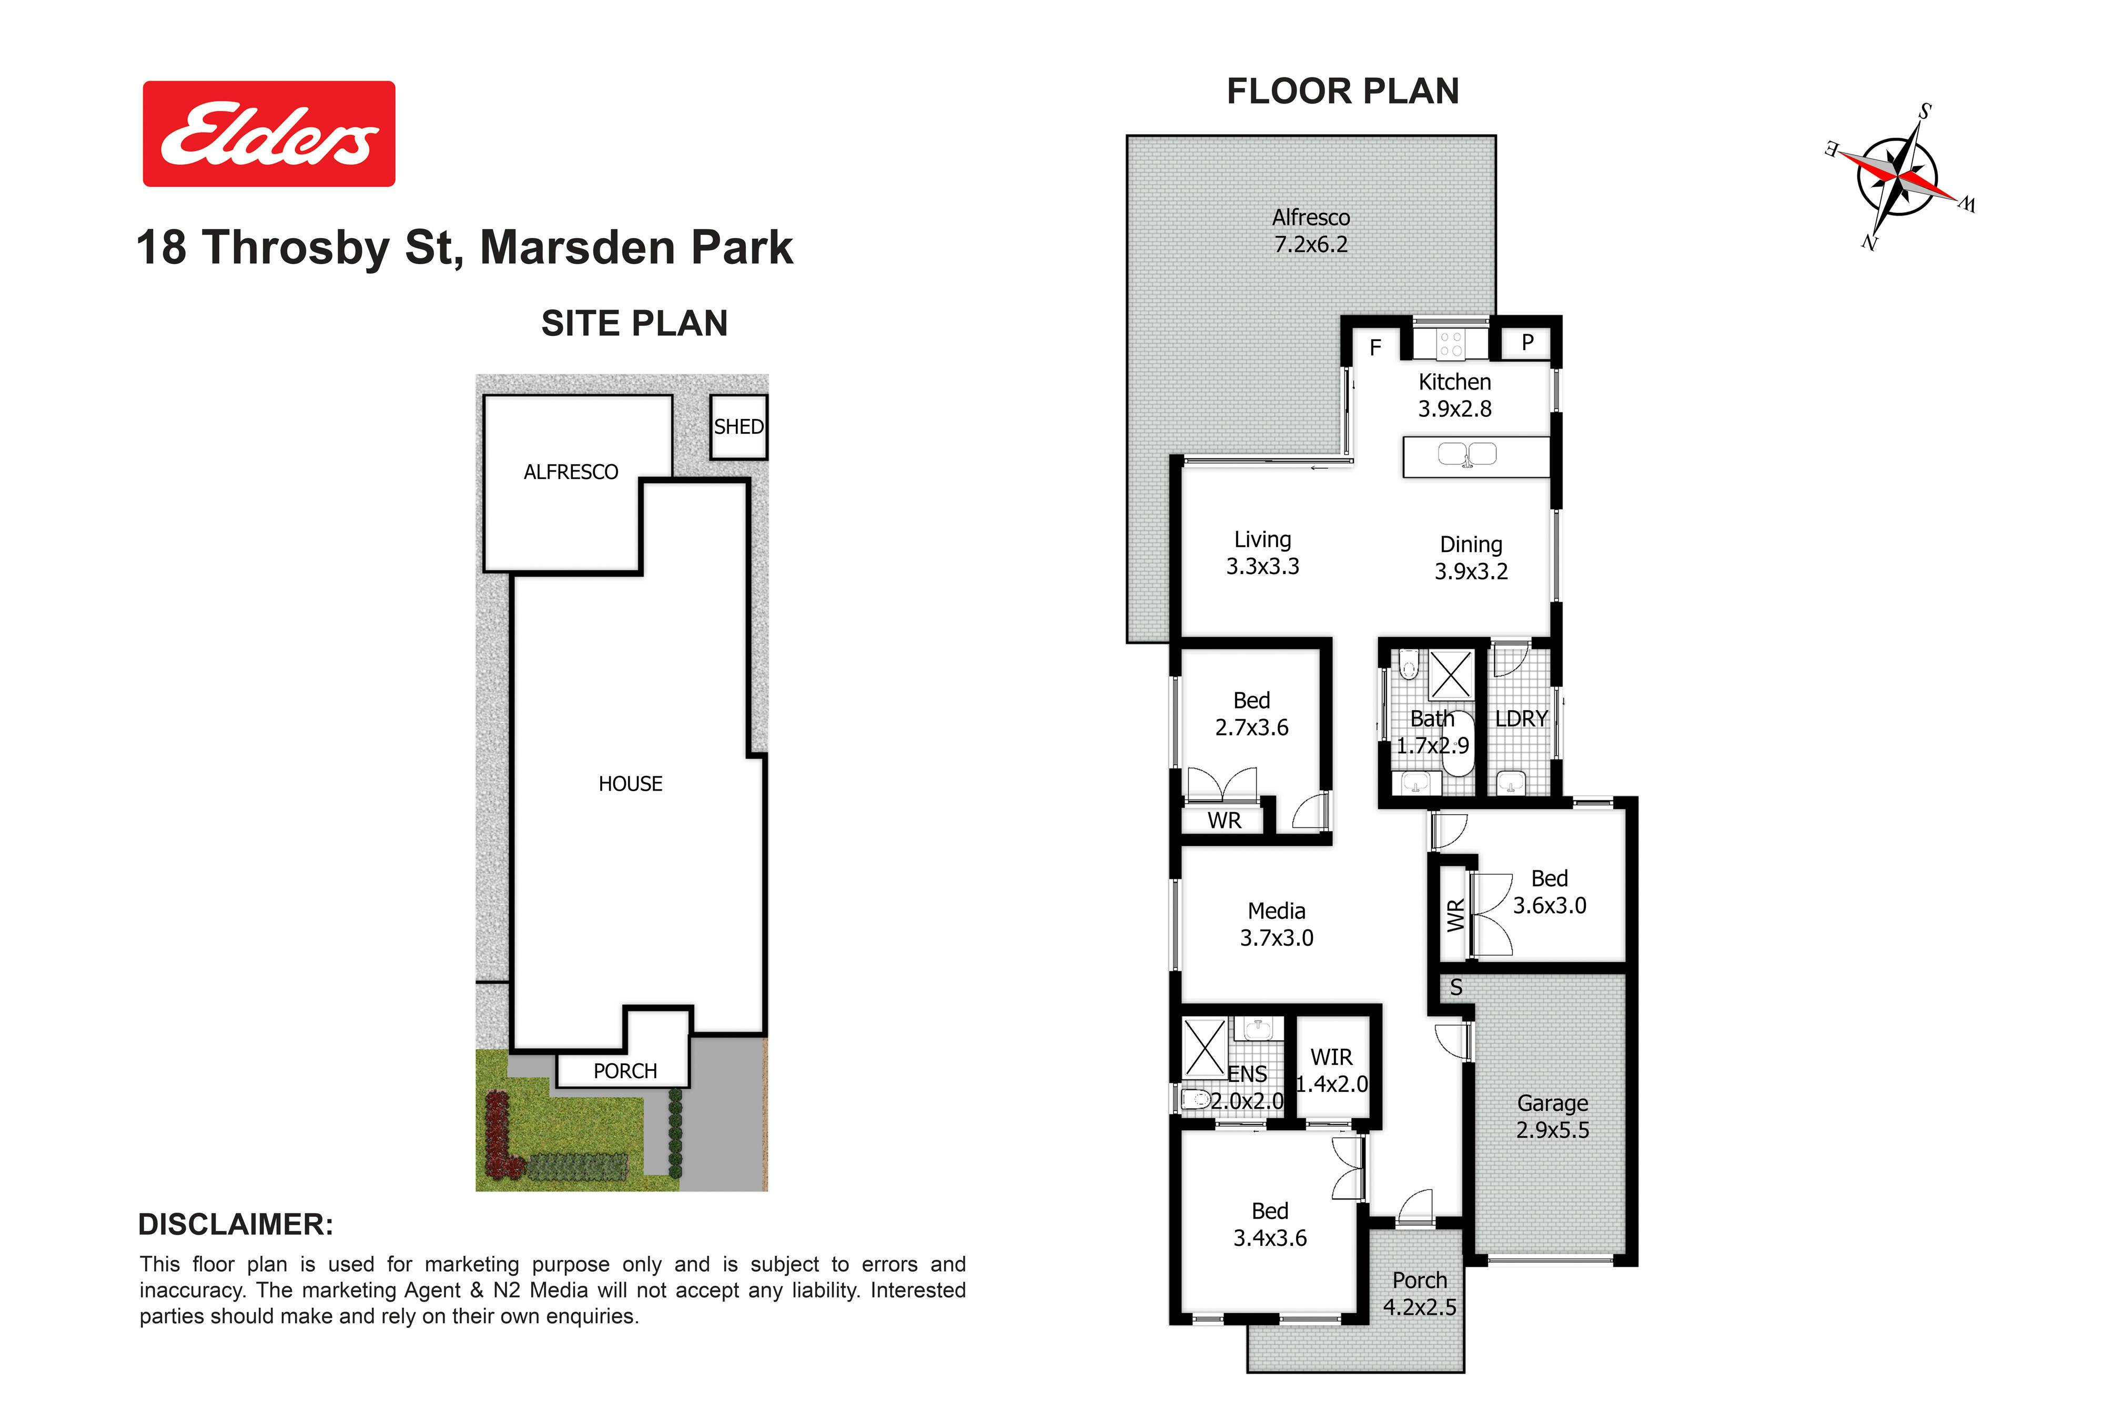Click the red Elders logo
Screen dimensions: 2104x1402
pyautogui.click(x=269, y=134)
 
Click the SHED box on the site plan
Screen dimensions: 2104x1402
pyautogui.click(x=739, y=427)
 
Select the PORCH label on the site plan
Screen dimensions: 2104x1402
pyautogui.click(x=625, y=1071)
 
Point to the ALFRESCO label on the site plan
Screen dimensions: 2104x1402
pyautogui.click(x=571, y=472)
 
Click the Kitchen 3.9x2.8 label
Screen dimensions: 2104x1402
pyautogui.click(x=1454, y=395)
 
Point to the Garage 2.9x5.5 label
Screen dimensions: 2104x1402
pyautogui.click(x=1553, y=1117)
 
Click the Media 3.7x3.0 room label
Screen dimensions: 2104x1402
pyautogui.click(x=1277, y=925)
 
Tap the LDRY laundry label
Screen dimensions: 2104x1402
pyautogui.click(x=1521, y=719)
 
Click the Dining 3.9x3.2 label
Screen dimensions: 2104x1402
pyautogui.click(x=1472, y=558)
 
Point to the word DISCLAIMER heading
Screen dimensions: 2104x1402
pyautogui.click(x=235, y=1225)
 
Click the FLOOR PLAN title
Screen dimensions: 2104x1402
pyautogui.click(x=1343, y=91)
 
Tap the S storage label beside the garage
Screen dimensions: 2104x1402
pyautogui.click(x=1456, y=987)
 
